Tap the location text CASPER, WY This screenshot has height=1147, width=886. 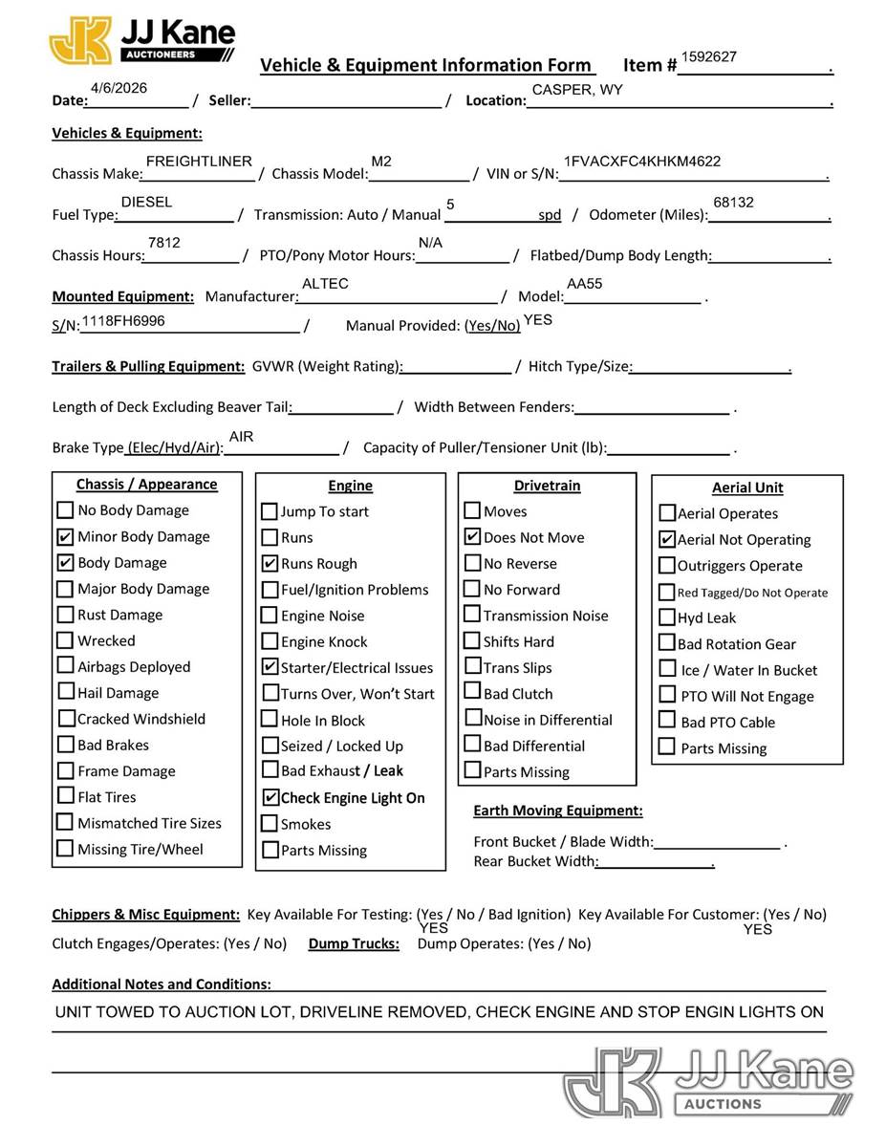pyautogui.click(x=577, y=90)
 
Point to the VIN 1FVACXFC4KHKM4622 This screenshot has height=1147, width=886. pyautogui.click(x=642, y=162)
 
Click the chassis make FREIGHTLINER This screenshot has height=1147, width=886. pyautogui.click(x=199, y=162)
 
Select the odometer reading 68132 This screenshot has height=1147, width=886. pyautogui.click(x=733, y=203)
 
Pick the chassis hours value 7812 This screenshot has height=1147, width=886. pyautogui.click(x=164, y=243)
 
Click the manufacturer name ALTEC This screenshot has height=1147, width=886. pyautogui.click(x=325, y=284)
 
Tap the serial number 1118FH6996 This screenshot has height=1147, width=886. pyautogui.click(x=123, y=321)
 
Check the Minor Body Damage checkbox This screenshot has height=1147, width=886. pyautogui.click(x=65, y=536)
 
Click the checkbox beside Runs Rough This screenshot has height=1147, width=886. pyautogui.click(x=270, y=564)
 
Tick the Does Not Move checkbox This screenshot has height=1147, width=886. pyautogui.click(x=472, y=537)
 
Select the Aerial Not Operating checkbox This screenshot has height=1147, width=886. pyautogui.click(x=667, y=540)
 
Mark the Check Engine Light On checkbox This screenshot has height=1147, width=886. pyautogui.click(x=270, y=798)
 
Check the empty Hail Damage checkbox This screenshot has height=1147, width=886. pyautogui.click(x=65, y=692)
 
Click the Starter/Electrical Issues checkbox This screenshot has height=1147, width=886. pyautogui.click(x=270, y=667)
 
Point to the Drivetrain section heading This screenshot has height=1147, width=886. pyautogui.click(x=547, y=486)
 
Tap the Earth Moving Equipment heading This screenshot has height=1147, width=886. pyautogui.click(x=558, y=811)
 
